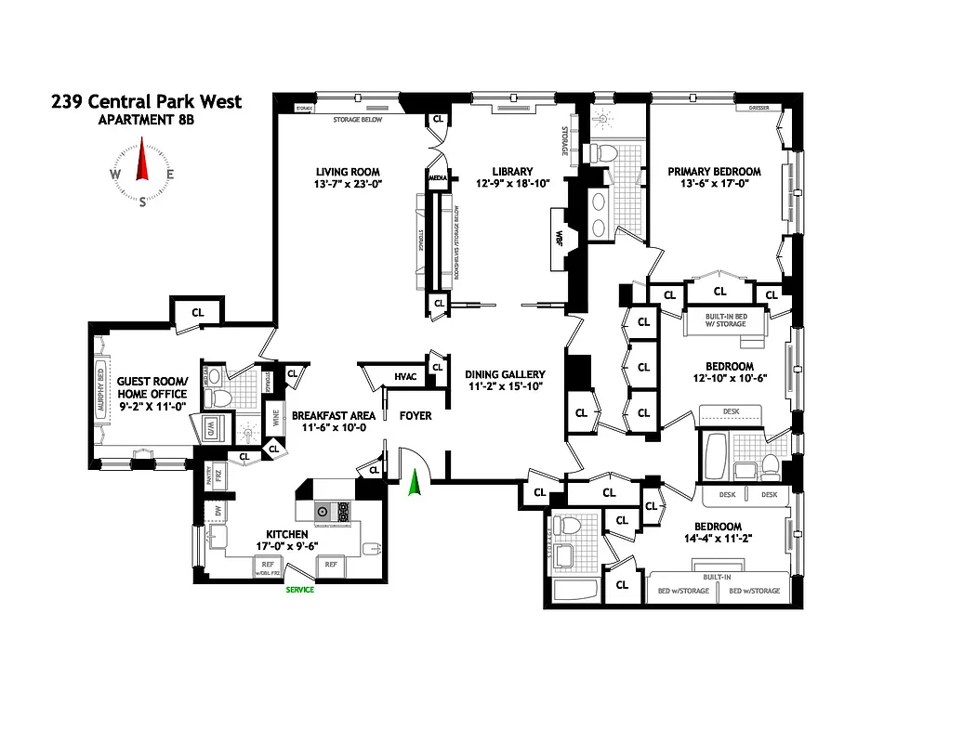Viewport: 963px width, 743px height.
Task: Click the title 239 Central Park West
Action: click(146, 100)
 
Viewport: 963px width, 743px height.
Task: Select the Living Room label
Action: click(348, 172)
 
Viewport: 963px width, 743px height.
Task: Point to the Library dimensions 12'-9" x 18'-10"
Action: click(512, 184)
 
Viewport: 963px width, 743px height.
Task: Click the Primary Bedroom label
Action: click(714, 172)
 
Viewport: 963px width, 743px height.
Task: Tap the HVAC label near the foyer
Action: click(405, 376)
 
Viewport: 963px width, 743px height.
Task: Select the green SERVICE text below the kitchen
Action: click(299, 590)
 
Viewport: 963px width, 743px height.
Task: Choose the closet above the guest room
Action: click(197, 312)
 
